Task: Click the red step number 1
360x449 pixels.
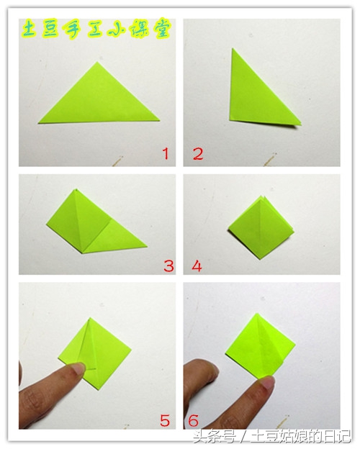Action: coord(166,154)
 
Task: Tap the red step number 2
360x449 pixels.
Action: coord(198,154)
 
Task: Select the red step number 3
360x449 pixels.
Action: coord(168,266)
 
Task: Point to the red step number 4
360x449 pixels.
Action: coord(197,266)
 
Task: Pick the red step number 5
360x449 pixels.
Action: coord(165,420)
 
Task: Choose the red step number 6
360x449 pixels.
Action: coord(194,420)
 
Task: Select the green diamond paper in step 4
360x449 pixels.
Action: coord(261,228)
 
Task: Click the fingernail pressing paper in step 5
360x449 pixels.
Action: coord(78,368)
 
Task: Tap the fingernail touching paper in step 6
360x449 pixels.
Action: coord(267,383)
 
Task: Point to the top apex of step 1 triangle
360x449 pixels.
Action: coord(97,62)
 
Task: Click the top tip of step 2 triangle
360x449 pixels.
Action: coord(233,48)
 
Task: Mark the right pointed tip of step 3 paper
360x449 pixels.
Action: coord(147,246)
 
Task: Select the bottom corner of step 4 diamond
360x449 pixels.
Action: coord(260,259)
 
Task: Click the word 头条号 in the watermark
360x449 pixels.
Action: coord(215,437)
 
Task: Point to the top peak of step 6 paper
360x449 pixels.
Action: coord(257,313)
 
